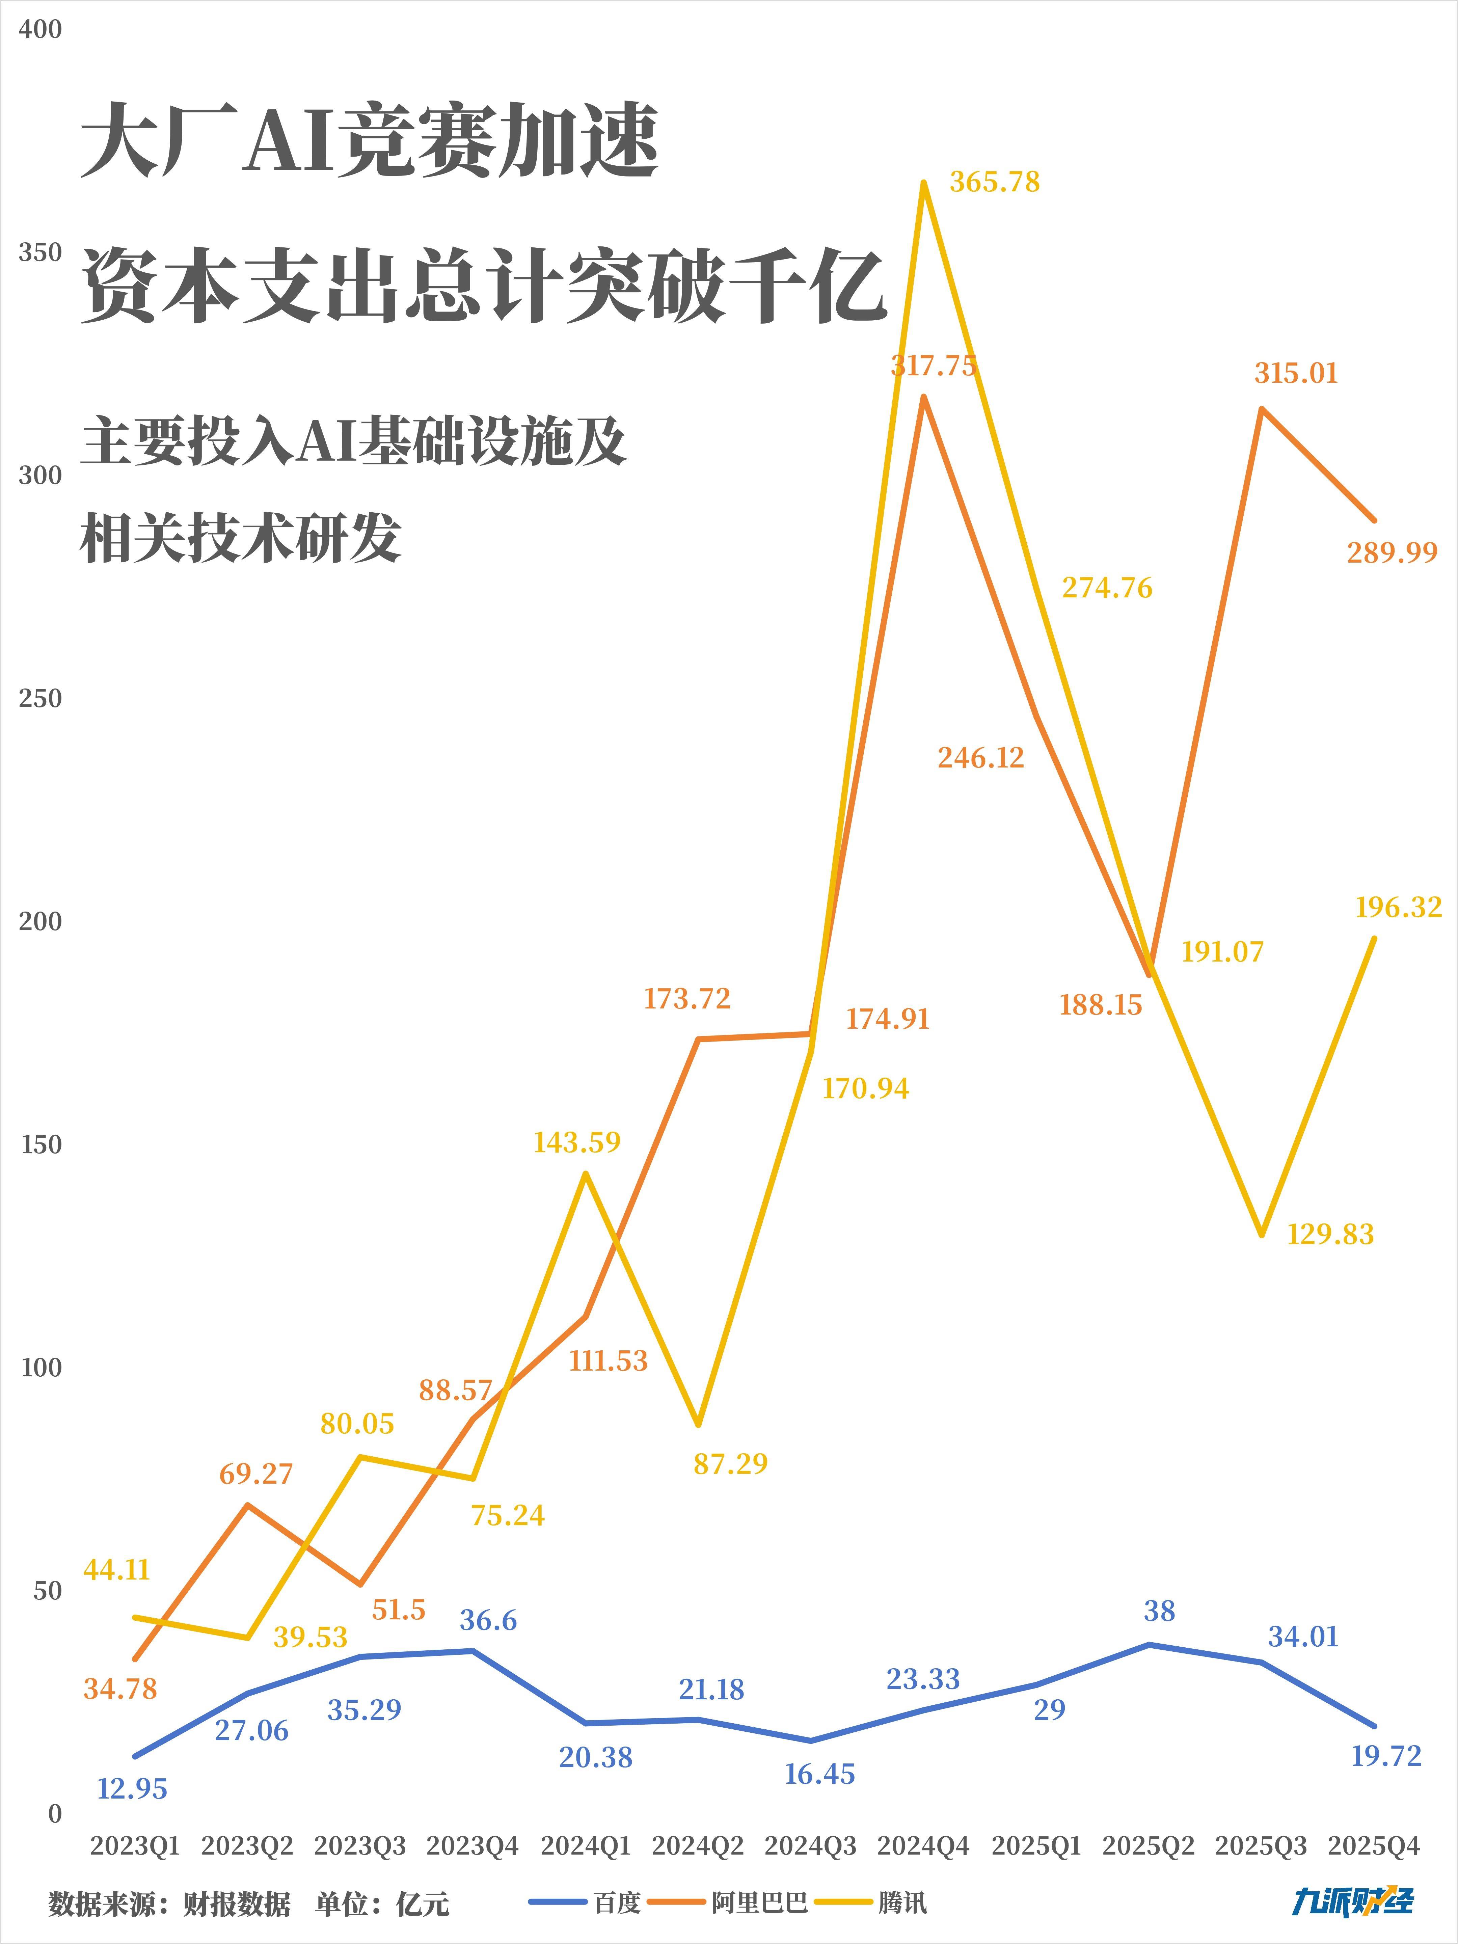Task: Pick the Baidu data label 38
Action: [x=1159, y=1611]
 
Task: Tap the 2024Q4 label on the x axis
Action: [x=923, y=1845]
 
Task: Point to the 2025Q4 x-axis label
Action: [x=1374, y=1845]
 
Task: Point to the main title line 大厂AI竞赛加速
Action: [x=369, y=141]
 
